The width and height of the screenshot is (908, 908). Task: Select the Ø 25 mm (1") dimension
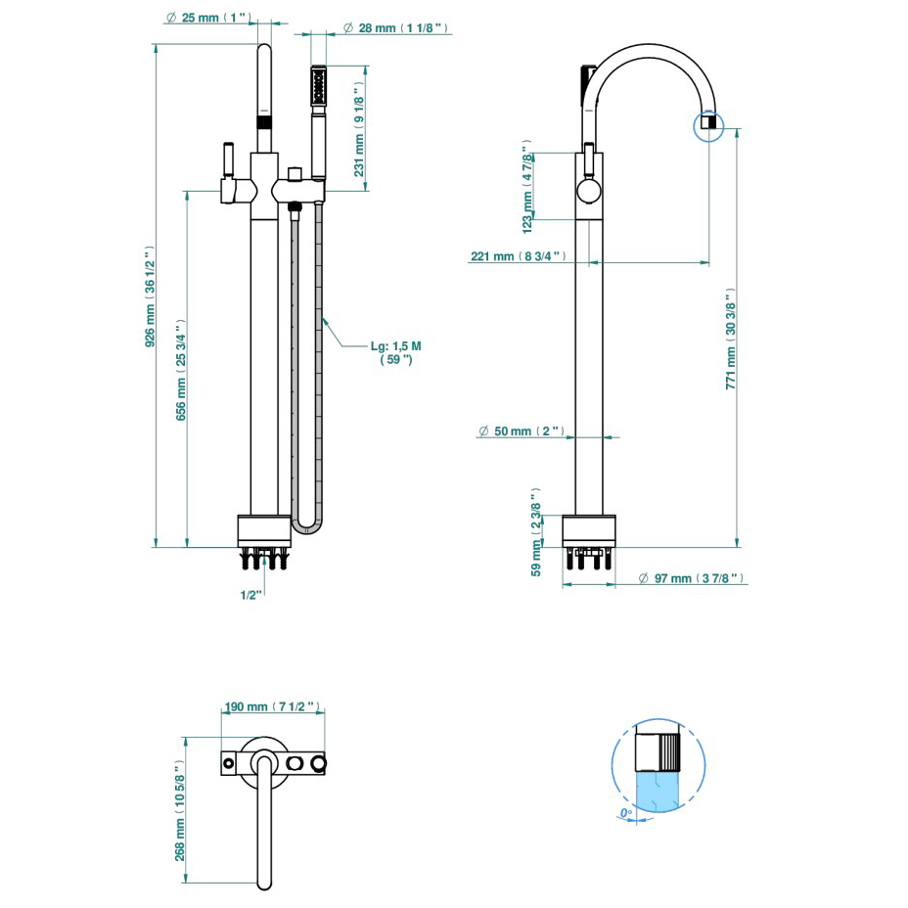208,19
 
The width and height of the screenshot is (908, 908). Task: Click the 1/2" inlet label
251,594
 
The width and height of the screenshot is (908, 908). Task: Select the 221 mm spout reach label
518,256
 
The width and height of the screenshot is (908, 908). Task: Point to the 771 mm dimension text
731,339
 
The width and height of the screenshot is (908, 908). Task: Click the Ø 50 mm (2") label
522,431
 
